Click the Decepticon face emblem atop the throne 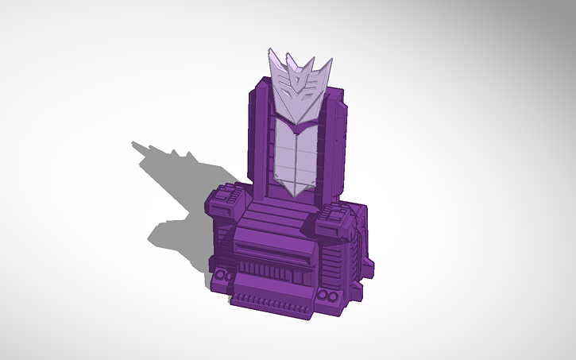coord(298,87)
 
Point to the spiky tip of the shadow coord(137,145)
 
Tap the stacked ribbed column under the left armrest coord(225,246)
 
